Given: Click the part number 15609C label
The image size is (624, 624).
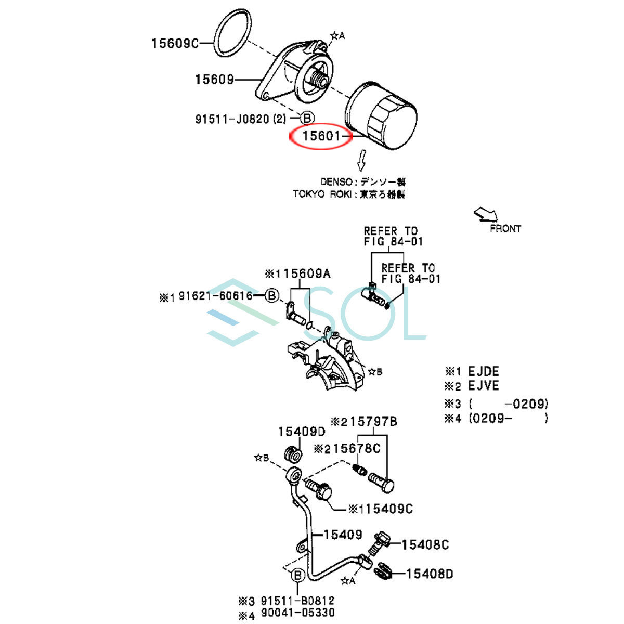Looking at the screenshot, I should click(x=175, y=43).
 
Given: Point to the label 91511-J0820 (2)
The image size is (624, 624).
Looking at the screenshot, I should click(x=240, y=119).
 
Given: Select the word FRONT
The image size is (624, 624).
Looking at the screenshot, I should click(x=505, y=228).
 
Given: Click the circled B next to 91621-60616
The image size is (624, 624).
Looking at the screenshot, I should click(x=271, y=296).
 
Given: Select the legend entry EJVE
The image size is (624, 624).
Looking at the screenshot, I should click(x=483, y=386).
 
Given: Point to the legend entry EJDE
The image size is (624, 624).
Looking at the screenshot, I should click(x=483, y=372).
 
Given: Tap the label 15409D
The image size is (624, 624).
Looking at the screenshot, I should click(x=301, y=432).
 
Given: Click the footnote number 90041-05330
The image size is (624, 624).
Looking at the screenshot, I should click(x=297, y=614).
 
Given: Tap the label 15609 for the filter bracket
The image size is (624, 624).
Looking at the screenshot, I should click(x=215, y=80).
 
